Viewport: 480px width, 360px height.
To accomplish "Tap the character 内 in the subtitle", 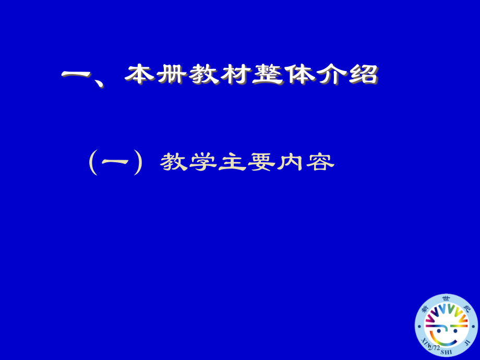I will pos(290,162).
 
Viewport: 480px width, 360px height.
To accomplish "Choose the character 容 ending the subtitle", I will pos(319,162).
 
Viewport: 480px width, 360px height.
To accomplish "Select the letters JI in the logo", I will pos(467,342).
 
